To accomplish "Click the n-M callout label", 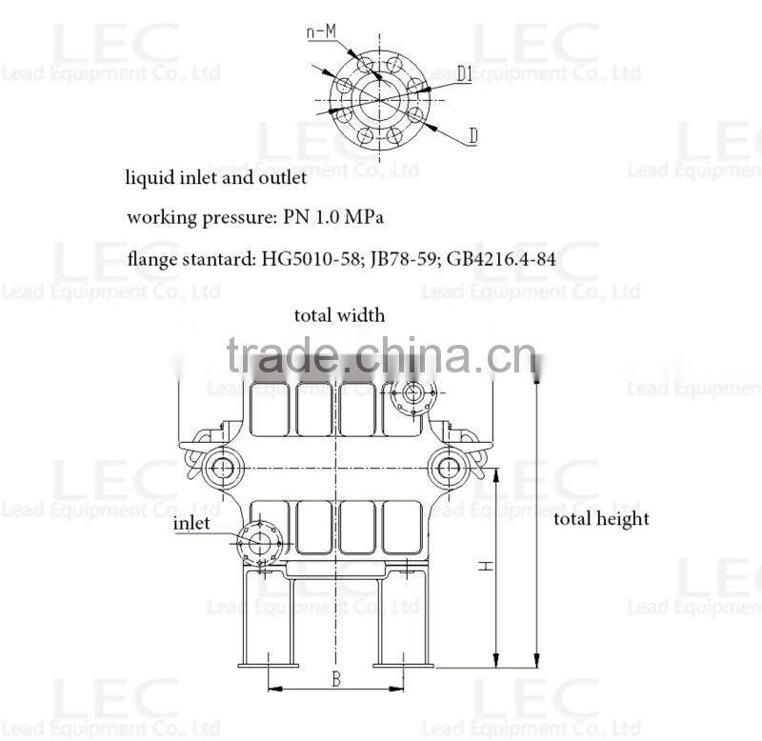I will [320, 31].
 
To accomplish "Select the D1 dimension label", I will [465, 73].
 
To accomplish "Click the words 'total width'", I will [339, 315].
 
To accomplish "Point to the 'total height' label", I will [601, 519].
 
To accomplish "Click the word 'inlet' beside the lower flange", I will [191, 523].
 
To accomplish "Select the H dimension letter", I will [486, 565].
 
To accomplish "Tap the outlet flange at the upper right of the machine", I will [413, 392].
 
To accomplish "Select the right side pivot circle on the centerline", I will [446, 467].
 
